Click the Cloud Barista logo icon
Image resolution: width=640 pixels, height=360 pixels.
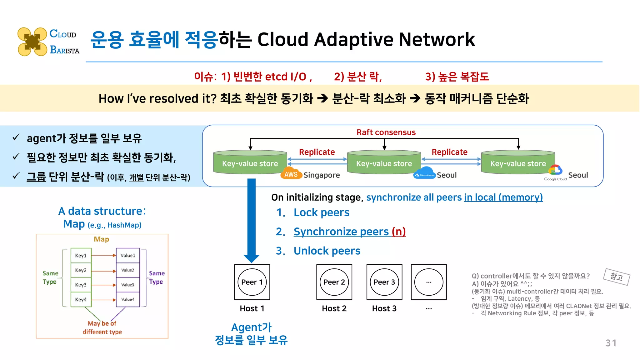point(32,42)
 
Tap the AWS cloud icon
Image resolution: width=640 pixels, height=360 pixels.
point(291,174)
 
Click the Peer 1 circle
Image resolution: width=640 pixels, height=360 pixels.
point(252,282)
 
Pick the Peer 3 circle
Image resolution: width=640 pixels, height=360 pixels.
point(384,282)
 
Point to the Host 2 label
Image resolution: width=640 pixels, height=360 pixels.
point(334,308)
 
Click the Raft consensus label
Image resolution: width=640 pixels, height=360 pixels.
point(386,132)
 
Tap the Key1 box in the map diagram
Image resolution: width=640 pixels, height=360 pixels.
point(81,255)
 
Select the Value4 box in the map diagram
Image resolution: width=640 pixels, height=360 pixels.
point(128,299)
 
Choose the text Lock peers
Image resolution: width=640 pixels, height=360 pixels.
point(321,212)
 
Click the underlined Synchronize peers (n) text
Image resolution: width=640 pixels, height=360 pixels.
point(349,232)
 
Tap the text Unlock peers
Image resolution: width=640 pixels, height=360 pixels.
point(327,251)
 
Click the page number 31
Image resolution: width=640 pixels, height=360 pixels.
point(611,343)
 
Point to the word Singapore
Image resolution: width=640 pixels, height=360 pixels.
point(322,175)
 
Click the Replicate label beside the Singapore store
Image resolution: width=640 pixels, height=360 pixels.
point(317,152)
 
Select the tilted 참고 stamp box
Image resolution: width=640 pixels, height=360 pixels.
point(617,277)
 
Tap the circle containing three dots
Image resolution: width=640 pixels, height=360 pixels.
point(429,282)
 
